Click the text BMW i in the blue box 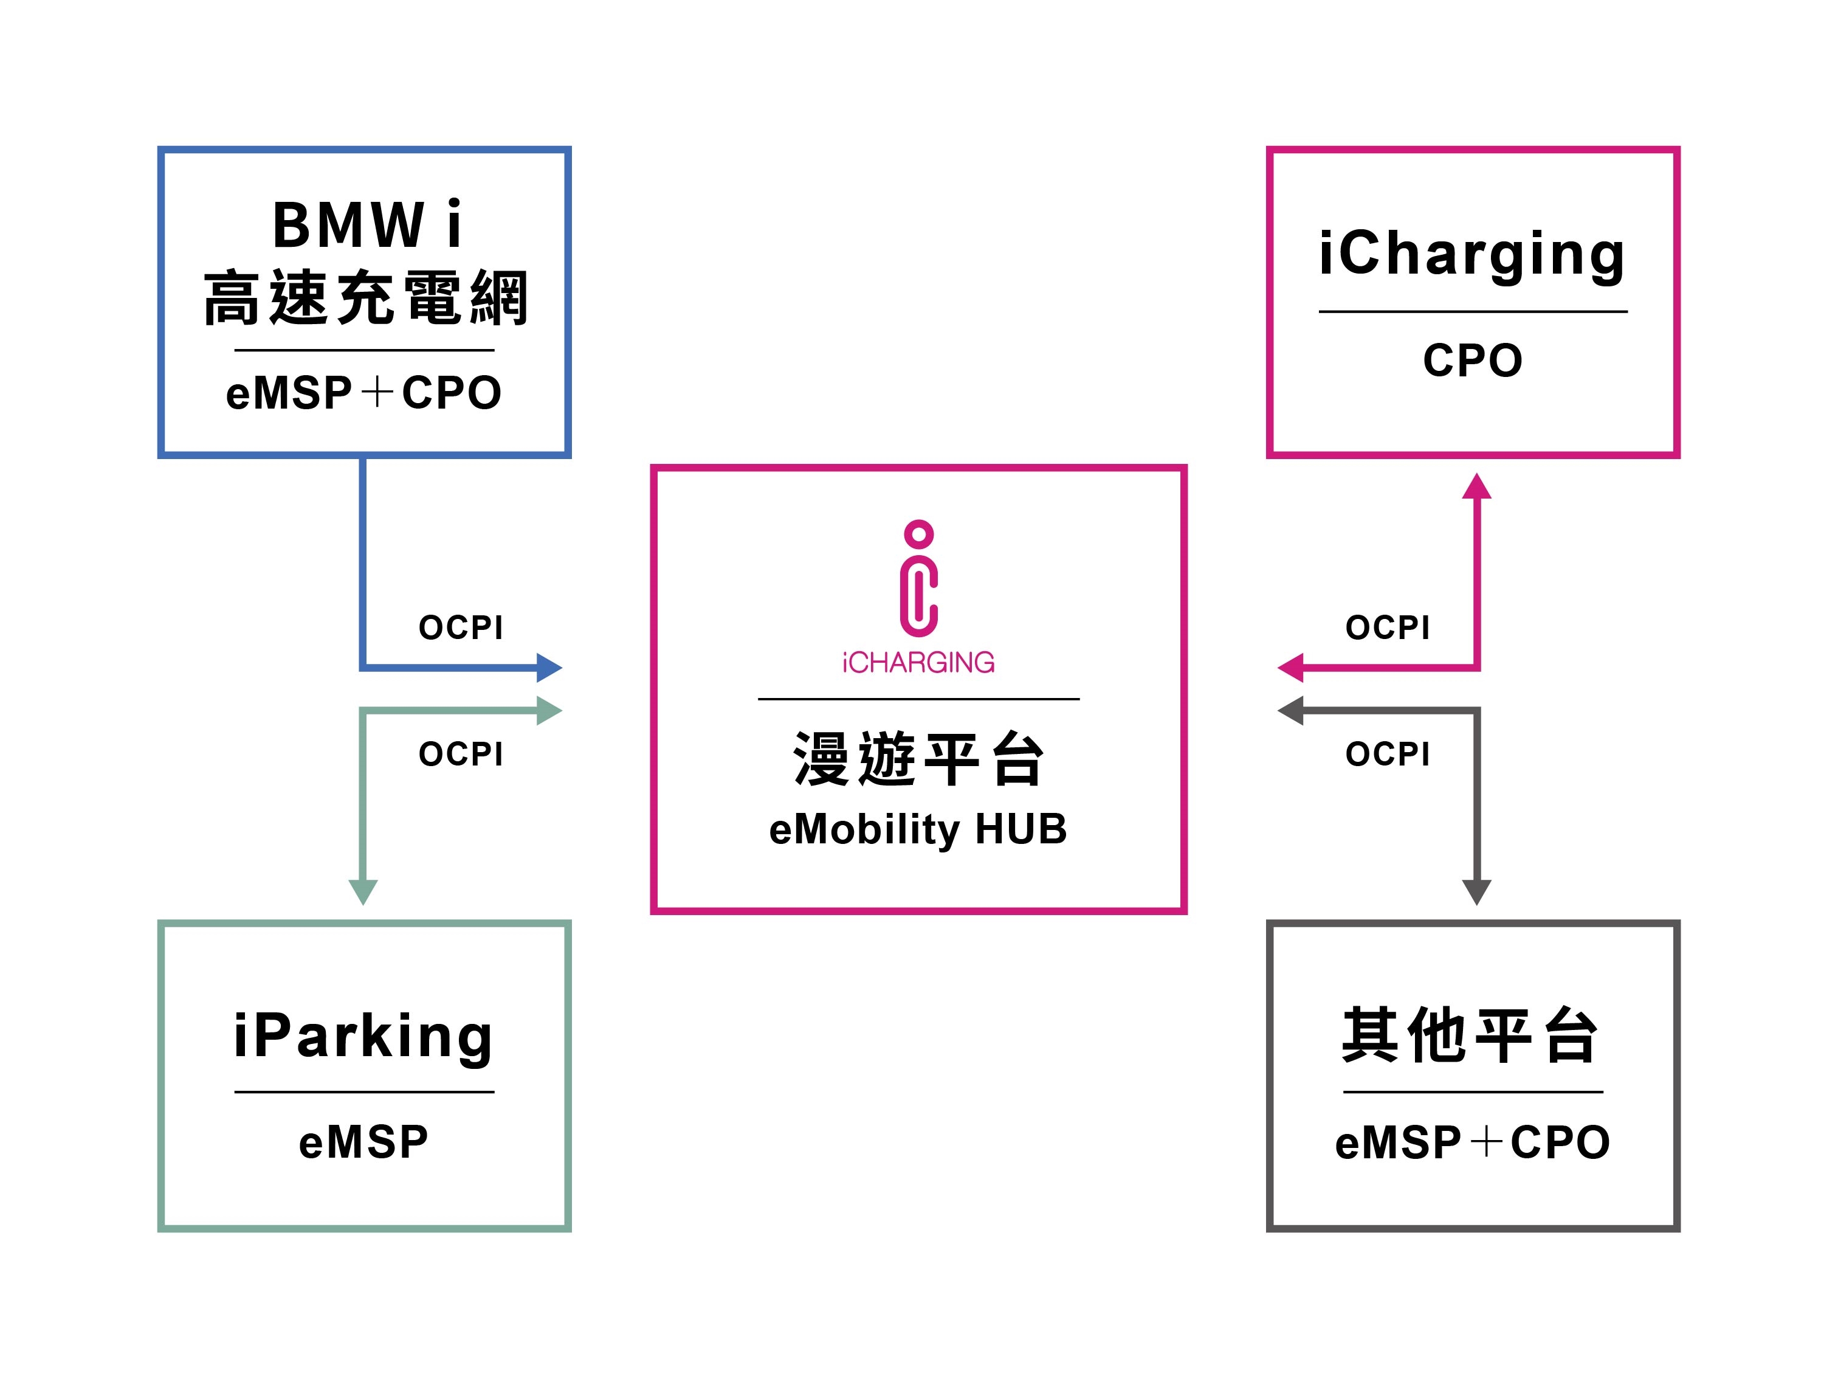point(367,224)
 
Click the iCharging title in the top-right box point(1471,254)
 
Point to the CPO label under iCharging point(1472,360)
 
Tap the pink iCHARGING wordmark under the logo point(918,663)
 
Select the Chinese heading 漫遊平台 point(918,758)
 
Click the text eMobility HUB point(918,829)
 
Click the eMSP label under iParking point(364,1142)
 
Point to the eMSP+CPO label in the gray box point(1472,1142)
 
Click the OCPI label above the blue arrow point(461,627)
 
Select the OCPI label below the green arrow point(461,754)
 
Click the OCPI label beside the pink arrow point(1388,627)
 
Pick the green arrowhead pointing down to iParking point(363,891)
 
